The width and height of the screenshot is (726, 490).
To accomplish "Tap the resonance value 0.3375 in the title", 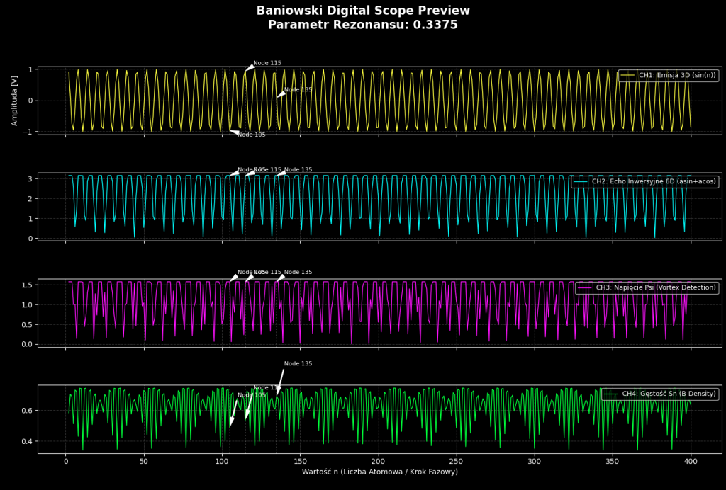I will [x=432, y=25].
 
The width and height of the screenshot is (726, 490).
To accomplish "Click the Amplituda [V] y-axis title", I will [x=15, y=101].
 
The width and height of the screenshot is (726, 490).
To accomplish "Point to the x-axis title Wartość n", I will [x=379, y=472].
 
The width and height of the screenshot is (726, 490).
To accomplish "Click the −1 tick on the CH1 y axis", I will [x=29, y=132].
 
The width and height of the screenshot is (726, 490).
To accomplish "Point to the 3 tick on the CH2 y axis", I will [x=30, y=178].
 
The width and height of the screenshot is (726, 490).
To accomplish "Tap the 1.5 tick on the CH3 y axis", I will [x=28, y=285].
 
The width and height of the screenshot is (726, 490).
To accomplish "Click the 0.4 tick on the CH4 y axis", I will [x=28, y=441].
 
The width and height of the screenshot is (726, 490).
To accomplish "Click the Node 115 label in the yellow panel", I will [x=267, y=63].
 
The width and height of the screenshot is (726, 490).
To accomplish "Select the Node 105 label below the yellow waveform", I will [x=252, y=135].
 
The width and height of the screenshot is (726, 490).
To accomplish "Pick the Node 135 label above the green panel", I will [x=298, y=364].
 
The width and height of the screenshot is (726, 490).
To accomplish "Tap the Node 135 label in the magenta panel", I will [x=298, y=273].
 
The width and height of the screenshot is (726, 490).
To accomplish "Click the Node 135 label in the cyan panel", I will [x=298, y=170].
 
